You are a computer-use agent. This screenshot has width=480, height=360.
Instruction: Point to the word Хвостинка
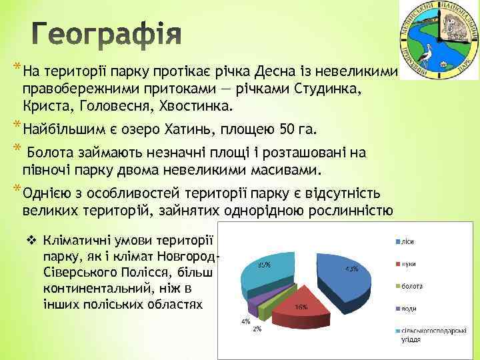coord(199,106)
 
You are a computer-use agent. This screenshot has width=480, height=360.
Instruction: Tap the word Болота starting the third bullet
coord(51,153)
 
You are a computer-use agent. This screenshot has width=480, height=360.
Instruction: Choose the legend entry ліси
coord(407,241)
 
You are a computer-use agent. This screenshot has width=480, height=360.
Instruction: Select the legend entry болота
coord(411,286)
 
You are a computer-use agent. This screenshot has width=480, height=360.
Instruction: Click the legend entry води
coord(408,308)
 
